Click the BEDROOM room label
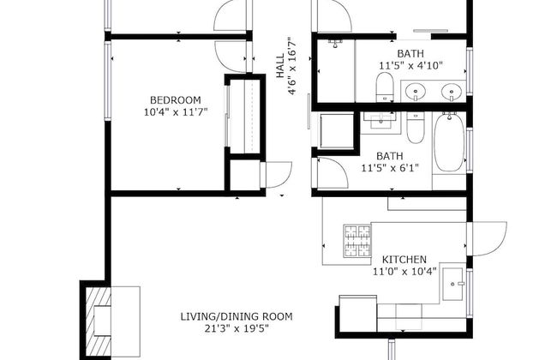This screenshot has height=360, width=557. (x=175, y=100)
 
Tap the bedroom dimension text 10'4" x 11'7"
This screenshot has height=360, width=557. (x=176, y=112)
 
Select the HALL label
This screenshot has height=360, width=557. (x=280, y=66)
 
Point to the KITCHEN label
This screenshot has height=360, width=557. (x=404, y=259)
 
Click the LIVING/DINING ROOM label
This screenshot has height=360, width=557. (x=237, y=316)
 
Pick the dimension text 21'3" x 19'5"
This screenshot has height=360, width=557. (x=237, y=329)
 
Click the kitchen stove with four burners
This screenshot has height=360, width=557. (x=357, y=240)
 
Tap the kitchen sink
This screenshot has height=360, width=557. (x=453, y=284)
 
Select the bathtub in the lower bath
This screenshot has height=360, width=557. (x=449, y=142)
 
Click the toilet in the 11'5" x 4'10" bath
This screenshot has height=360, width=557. (x=385, y=87)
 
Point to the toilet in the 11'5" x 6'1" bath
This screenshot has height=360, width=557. (x=416, y=128)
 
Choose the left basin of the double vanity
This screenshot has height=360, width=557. (x=416, y=92)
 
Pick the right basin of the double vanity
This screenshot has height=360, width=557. (x=452, y=92)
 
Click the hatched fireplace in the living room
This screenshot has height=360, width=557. (x=98, y=320)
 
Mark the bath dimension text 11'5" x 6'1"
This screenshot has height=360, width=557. (x=390, y=168)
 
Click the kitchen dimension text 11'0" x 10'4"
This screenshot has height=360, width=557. (x=404, y=272)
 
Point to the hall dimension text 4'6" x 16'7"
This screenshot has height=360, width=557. (x=292, y=66)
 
